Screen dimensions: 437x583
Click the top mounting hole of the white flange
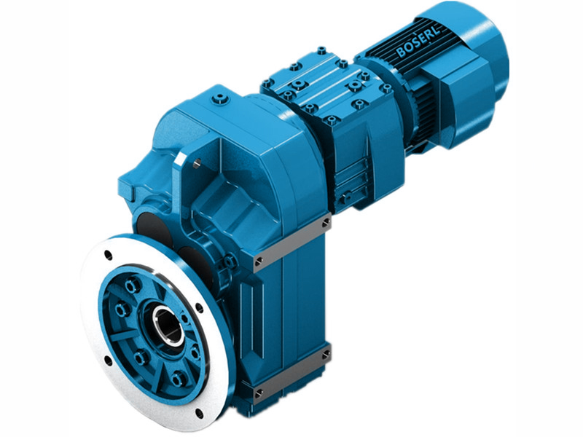point(108,255)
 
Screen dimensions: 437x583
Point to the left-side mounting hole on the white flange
point(108,359)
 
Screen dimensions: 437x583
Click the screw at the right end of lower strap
point(325,355)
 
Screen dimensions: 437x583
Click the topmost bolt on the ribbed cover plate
point(321,50)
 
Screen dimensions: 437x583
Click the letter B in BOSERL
point(402,52)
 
